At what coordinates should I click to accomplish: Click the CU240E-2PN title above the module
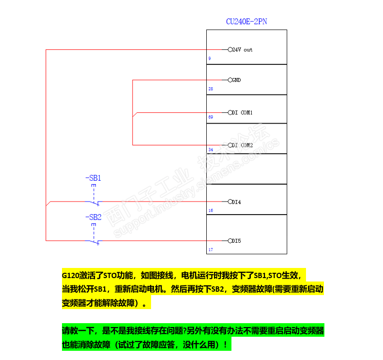(x=246, y=22)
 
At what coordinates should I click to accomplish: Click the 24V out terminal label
(x=242, y=49)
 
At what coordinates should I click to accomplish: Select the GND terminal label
(x=236, y=79)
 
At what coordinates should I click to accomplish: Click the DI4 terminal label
(x=236, y=202)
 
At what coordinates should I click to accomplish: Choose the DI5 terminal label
(x=236, y=240)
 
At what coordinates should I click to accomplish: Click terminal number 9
(x=210, y=59)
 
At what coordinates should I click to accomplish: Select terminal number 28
(x=211, y=89)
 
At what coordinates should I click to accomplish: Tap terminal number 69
(x=211, y=117)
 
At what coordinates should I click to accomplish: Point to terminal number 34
(x=211, y=150)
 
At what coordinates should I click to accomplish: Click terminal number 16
(x=211, y=211)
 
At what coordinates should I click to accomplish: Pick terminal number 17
(x=211, y=250)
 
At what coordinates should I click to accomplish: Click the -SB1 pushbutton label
(x=93, y=178)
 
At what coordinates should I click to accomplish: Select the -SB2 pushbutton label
(x=93, y=217)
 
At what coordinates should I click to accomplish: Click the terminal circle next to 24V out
(x=230, y=49)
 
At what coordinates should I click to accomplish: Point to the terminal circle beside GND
(x=230, y=79)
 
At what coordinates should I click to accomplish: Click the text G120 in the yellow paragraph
(x=71, y=275)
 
